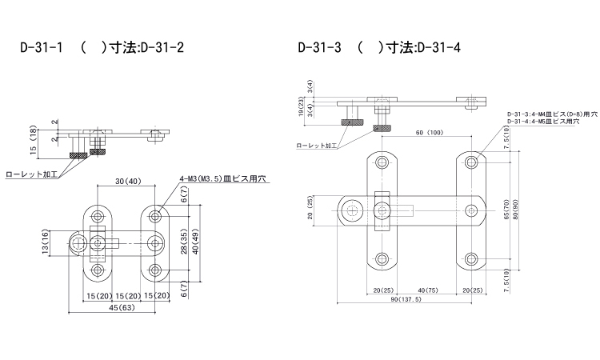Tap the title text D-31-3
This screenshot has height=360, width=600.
(x=319, y=48)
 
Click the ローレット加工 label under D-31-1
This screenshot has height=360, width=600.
(x=30, y=173)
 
